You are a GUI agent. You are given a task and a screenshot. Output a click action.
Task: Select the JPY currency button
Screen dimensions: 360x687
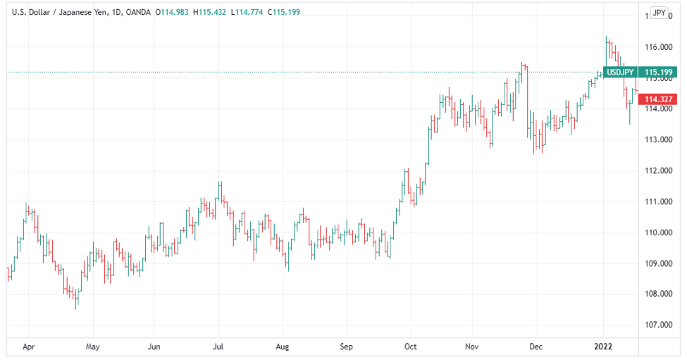(659, 13)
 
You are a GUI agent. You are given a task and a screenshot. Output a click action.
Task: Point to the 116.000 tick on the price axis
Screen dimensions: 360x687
(661, 47)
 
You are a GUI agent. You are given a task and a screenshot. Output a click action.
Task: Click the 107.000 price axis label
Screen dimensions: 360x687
(661, 325)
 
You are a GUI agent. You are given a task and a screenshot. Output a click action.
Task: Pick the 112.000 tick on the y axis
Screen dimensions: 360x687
(661, 170)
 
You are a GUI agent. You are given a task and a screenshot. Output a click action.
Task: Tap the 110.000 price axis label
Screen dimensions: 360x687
(661, 232)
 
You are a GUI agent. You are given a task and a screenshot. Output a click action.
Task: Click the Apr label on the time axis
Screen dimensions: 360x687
(28, 347)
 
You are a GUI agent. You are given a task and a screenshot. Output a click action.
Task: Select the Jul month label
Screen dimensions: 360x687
(219, 347)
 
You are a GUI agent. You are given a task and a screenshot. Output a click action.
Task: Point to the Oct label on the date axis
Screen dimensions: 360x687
(411, 347)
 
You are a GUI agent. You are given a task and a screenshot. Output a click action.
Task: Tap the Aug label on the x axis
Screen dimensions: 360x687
(282, 347)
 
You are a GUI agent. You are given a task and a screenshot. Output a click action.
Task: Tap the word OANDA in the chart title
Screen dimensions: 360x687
(137, 12)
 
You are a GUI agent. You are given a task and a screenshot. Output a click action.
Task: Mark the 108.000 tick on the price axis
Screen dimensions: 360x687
(661, 294)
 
